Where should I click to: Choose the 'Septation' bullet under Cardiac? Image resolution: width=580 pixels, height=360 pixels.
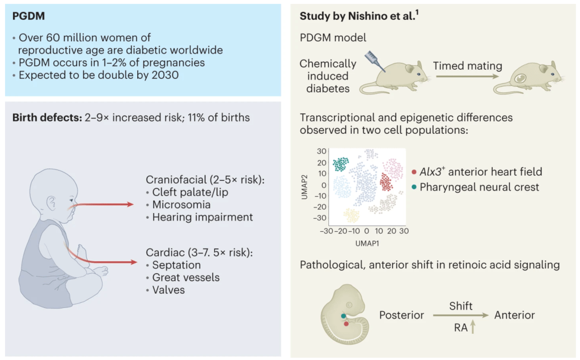tap(176, 265)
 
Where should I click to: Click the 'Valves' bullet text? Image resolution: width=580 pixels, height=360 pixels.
tap(168, 290)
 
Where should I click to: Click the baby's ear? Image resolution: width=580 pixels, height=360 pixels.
tap(52, 202)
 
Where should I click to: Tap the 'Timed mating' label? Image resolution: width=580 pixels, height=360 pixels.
tap(467, 66)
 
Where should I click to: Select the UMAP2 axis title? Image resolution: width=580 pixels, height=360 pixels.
tap(306, 185)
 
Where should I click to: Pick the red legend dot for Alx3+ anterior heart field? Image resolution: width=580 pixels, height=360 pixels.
tap(415, 172)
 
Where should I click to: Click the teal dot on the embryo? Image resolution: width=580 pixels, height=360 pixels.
tap(343, 315)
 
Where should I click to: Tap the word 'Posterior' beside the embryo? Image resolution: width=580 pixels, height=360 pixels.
tap(401, 315)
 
